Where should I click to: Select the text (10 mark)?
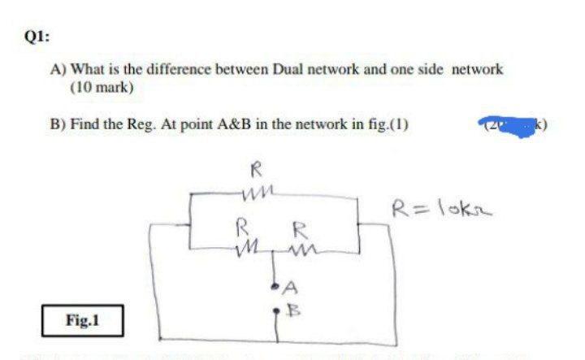tap(102, 86)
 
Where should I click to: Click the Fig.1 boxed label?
tap(83, 320)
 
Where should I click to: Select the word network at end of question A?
tap(477, 70)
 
